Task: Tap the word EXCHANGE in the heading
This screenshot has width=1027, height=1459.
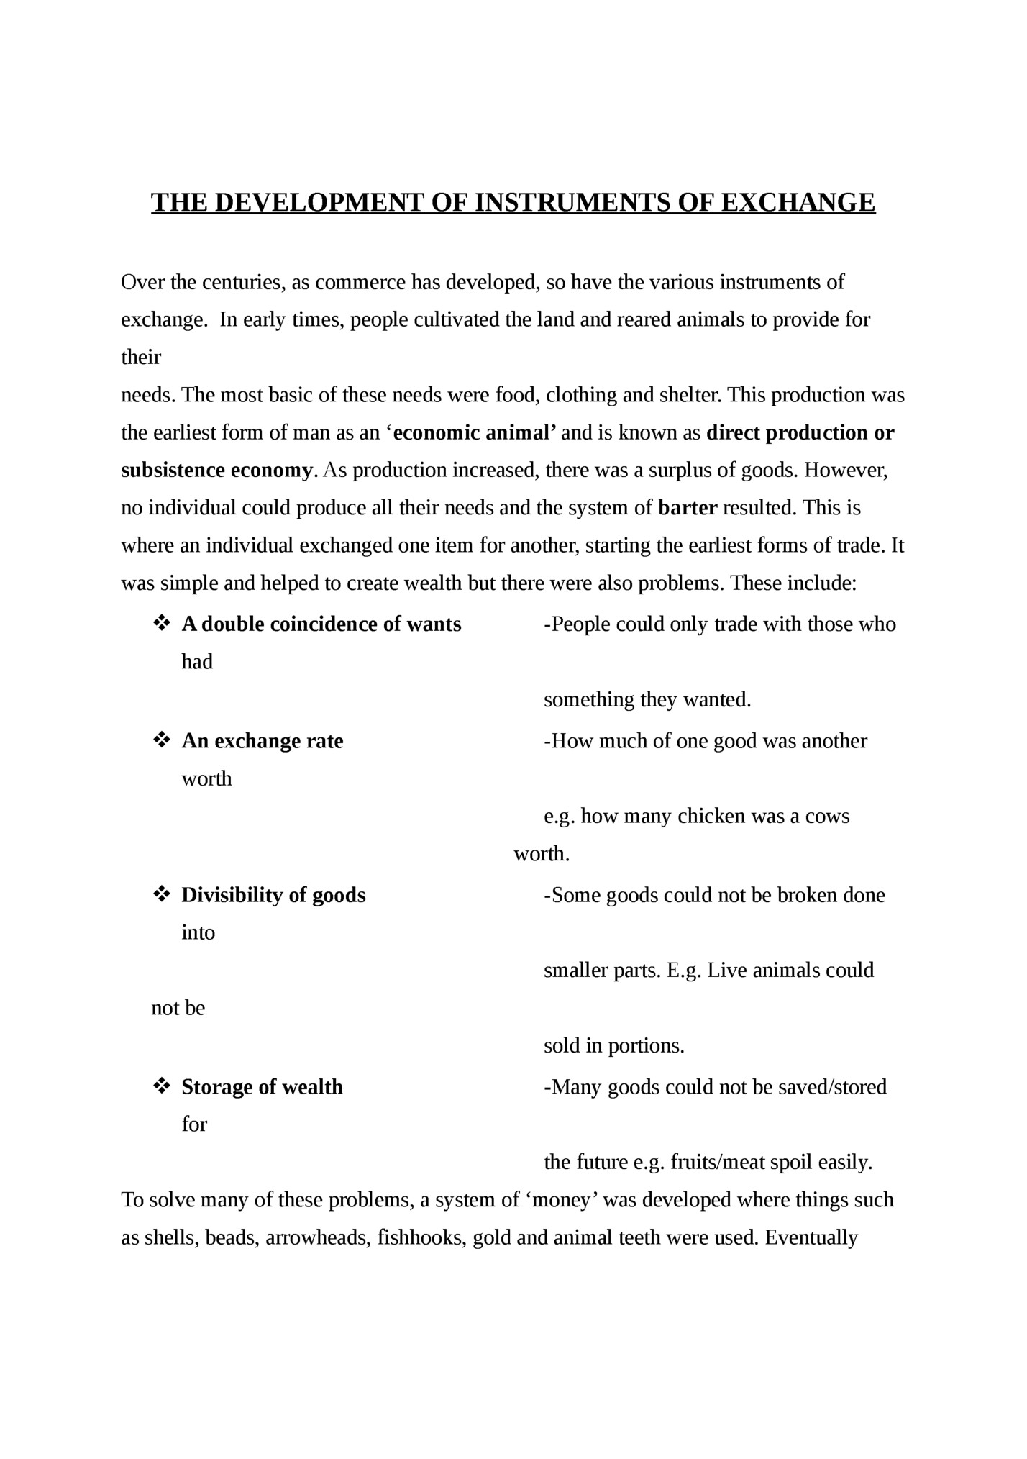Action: [798, 204]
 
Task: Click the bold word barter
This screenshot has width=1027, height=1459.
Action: [688, 508]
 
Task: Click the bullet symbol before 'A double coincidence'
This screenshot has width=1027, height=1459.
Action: [161, 623]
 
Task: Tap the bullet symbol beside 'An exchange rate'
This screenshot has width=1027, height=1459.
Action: [161, 740]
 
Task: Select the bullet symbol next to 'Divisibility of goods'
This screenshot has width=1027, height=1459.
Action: [161, 894]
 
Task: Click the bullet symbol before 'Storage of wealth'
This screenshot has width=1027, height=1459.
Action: [161, 1086]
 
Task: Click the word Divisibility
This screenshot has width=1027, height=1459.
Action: [232, 895]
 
